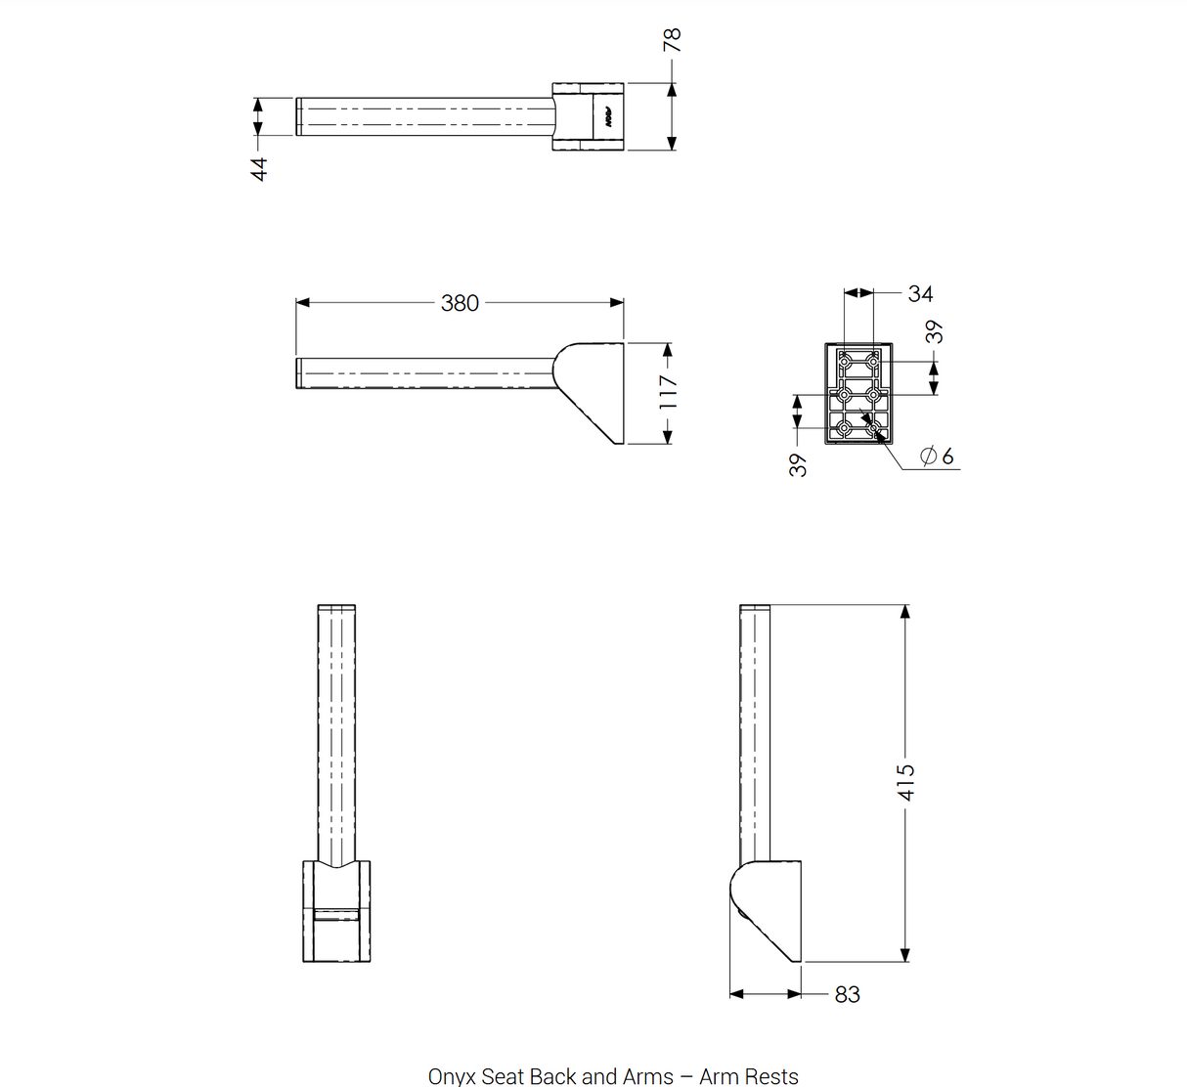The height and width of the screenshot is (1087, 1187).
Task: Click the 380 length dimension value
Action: tap(460, 304)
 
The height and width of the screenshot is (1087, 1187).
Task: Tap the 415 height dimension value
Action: tap(906, 783)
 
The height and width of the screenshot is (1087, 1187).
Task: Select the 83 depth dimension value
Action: tap(848, 995)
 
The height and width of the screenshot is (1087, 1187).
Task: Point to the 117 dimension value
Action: tap(668, 392)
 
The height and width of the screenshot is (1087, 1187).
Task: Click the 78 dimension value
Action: tap(673, 40)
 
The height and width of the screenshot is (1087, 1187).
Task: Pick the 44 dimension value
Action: tap(259, 169)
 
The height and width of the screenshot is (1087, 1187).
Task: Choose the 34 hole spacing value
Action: tap(921, 294)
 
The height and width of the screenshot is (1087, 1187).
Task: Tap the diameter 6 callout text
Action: tap(937, 457)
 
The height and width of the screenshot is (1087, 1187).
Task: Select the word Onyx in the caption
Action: tap(452, 1075)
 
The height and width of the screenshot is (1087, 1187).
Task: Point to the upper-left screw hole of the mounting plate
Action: tap(844, 361)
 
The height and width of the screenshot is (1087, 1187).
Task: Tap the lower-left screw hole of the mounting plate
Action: tap(844, 427)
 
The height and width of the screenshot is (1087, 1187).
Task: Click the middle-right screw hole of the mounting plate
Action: tap(873, 394)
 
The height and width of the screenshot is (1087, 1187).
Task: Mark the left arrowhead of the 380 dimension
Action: tap(302, 303)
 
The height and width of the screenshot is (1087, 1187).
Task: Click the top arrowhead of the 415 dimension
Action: tap(904, 611)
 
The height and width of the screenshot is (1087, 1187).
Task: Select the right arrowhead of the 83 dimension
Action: tap(794, 995)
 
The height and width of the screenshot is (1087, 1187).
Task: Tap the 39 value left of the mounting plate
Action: tap(798, 465)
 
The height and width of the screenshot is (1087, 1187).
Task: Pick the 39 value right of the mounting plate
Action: tap(934, 332)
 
